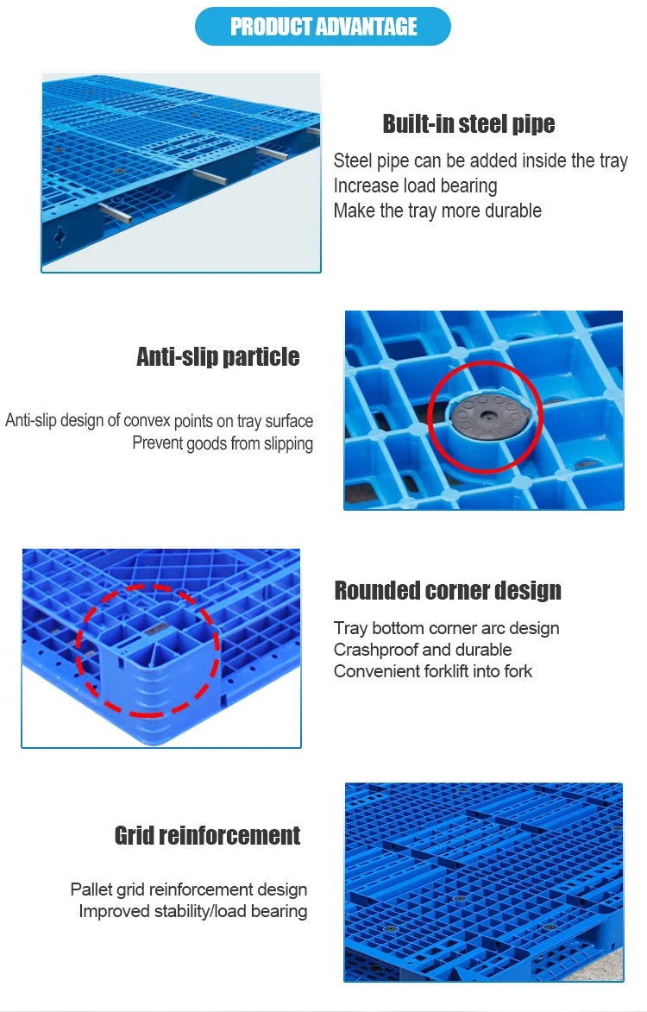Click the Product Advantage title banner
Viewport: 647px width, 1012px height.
(323, 27)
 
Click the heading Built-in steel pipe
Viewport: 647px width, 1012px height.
(469, 123)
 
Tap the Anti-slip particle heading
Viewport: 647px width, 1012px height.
(218, 356)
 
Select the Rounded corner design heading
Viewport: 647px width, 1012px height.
(448, 590)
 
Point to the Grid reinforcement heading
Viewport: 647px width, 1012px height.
(208, 835)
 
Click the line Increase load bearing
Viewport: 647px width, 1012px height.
(416, 185)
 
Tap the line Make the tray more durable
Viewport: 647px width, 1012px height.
(437, 211)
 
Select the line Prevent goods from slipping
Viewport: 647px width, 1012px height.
(223, 443)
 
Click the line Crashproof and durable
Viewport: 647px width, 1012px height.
(423, 650)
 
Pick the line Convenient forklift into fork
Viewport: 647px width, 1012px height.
(433, 671)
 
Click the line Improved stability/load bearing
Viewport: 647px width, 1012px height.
(193, 911)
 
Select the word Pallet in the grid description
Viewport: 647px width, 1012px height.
(91, 889)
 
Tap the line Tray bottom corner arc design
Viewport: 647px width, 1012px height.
(446, 628)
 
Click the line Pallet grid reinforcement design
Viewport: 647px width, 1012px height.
(188, 889)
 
